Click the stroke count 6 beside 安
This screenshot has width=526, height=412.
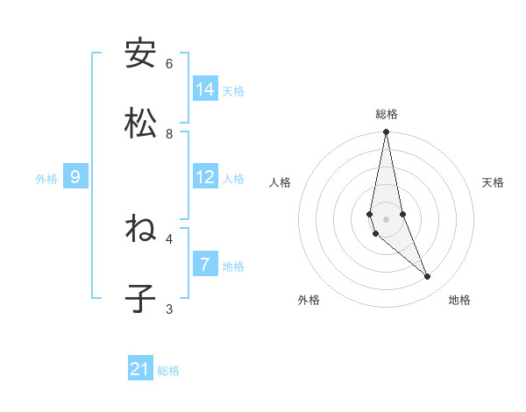tap(169, 64)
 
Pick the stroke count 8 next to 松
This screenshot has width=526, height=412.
tap(169, 134)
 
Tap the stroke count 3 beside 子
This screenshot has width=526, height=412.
tap(169, 309)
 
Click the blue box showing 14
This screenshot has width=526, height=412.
tap(205, 89)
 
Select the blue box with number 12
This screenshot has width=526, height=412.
tap(205, 177)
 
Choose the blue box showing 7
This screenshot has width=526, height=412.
tap(205, 265)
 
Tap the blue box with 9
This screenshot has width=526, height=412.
tap(75, 177)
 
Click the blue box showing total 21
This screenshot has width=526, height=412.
tap(140, 369)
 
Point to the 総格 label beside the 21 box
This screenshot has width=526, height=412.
tap(168, 371)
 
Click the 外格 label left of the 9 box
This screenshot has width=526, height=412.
tap(46, 179)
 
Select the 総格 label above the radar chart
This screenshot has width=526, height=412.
tap(387, 114)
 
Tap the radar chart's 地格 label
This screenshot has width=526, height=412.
tap(459, 300)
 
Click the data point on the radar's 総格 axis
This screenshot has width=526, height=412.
tap(386, 132)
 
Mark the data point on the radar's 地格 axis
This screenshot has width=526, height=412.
tap(428, 277)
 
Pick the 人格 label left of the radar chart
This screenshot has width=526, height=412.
tap(281, 182)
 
